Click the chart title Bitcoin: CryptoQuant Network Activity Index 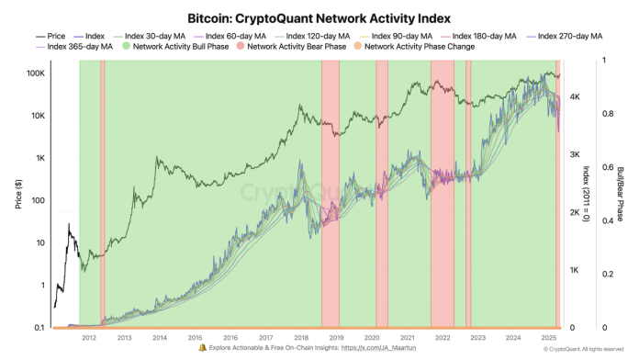(319, 17)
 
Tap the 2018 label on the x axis (300, 338)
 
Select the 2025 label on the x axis (549, 338)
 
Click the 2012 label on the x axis (88, 338)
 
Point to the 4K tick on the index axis (576, 96)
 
